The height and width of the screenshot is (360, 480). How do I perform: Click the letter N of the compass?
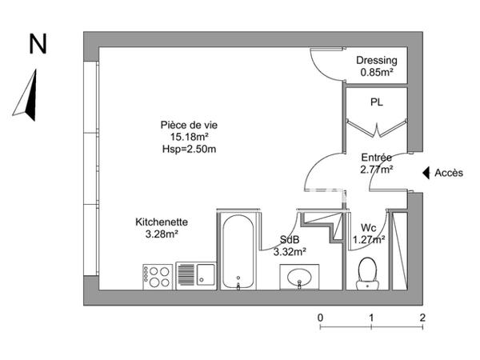[x=37, y=45]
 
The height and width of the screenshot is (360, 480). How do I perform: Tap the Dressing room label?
[x=377, y=61]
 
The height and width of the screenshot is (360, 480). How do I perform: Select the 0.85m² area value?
[x=377, y=73]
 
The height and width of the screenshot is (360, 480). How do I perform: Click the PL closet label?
[x=376, y=102]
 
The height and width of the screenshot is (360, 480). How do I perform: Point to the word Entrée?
[x=376, y=158]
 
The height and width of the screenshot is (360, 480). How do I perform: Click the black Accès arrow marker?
[x=426, y=172]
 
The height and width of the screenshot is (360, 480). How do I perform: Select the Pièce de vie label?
[x=189, y=125]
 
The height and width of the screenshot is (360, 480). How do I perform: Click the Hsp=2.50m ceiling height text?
[x=189, y=148]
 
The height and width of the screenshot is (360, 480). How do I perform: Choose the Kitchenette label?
[x=162, y=222]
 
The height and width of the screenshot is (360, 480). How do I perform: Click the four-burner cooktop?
[x=157, y=276]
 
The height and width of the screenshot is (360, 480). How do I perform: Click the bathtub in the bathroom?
[x=238, y=250]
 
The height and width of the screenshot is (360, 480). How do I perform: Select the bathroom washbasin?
[x=301, y=278]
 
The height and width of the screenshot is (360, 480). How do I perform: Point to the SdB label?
[x=290, y=239]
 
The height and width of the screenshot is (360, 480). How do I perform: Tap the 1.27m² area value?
[x=369, y=238]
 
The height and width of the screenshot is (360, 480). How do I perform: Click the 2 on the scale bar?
[x=422, y=318]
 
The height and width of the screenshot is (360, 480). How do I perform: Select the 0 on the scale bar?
[x=321, y=318]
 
